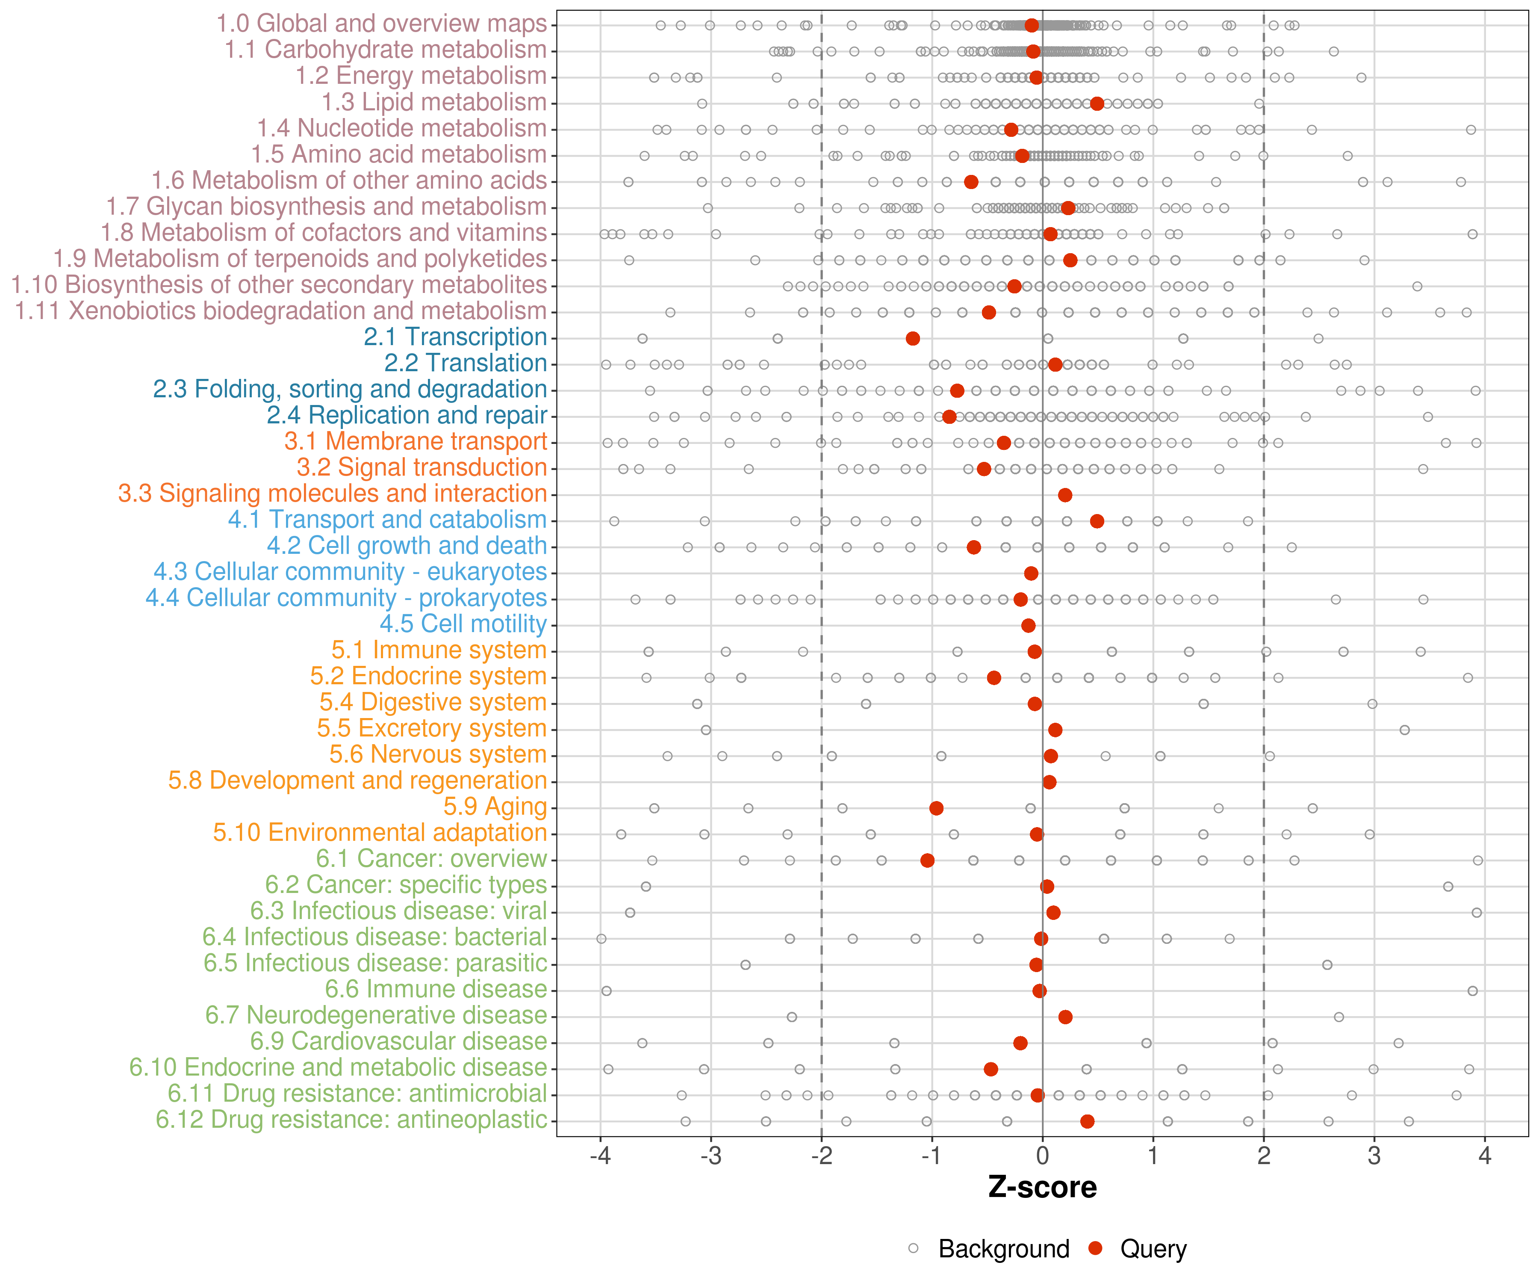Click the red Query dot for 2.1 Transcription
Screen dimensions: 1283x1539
912,338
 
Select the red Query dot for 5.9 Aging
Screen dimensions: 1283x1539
936,808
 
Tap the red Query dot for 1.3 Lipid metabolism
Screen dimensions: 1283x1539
1097,103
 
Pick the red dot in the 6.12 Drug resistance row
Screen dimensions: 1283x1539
1087,1121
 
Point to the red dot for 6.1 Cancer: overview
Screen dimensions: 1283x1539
927,860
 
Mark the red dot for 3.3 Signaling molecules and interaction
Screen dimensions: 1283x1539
1065,495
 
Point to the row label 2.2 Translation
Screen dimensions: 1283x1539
466,363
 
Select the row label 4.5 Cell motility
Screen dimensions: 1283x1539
463,624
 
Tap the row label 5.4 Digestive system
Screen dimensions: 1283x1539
432,702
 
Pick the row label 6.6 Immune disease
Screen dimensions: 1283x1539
436,989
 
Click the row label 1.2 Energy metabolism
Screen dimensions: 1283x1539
421,76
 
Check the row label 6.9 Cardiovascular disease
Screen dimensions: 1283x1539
399,1041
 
